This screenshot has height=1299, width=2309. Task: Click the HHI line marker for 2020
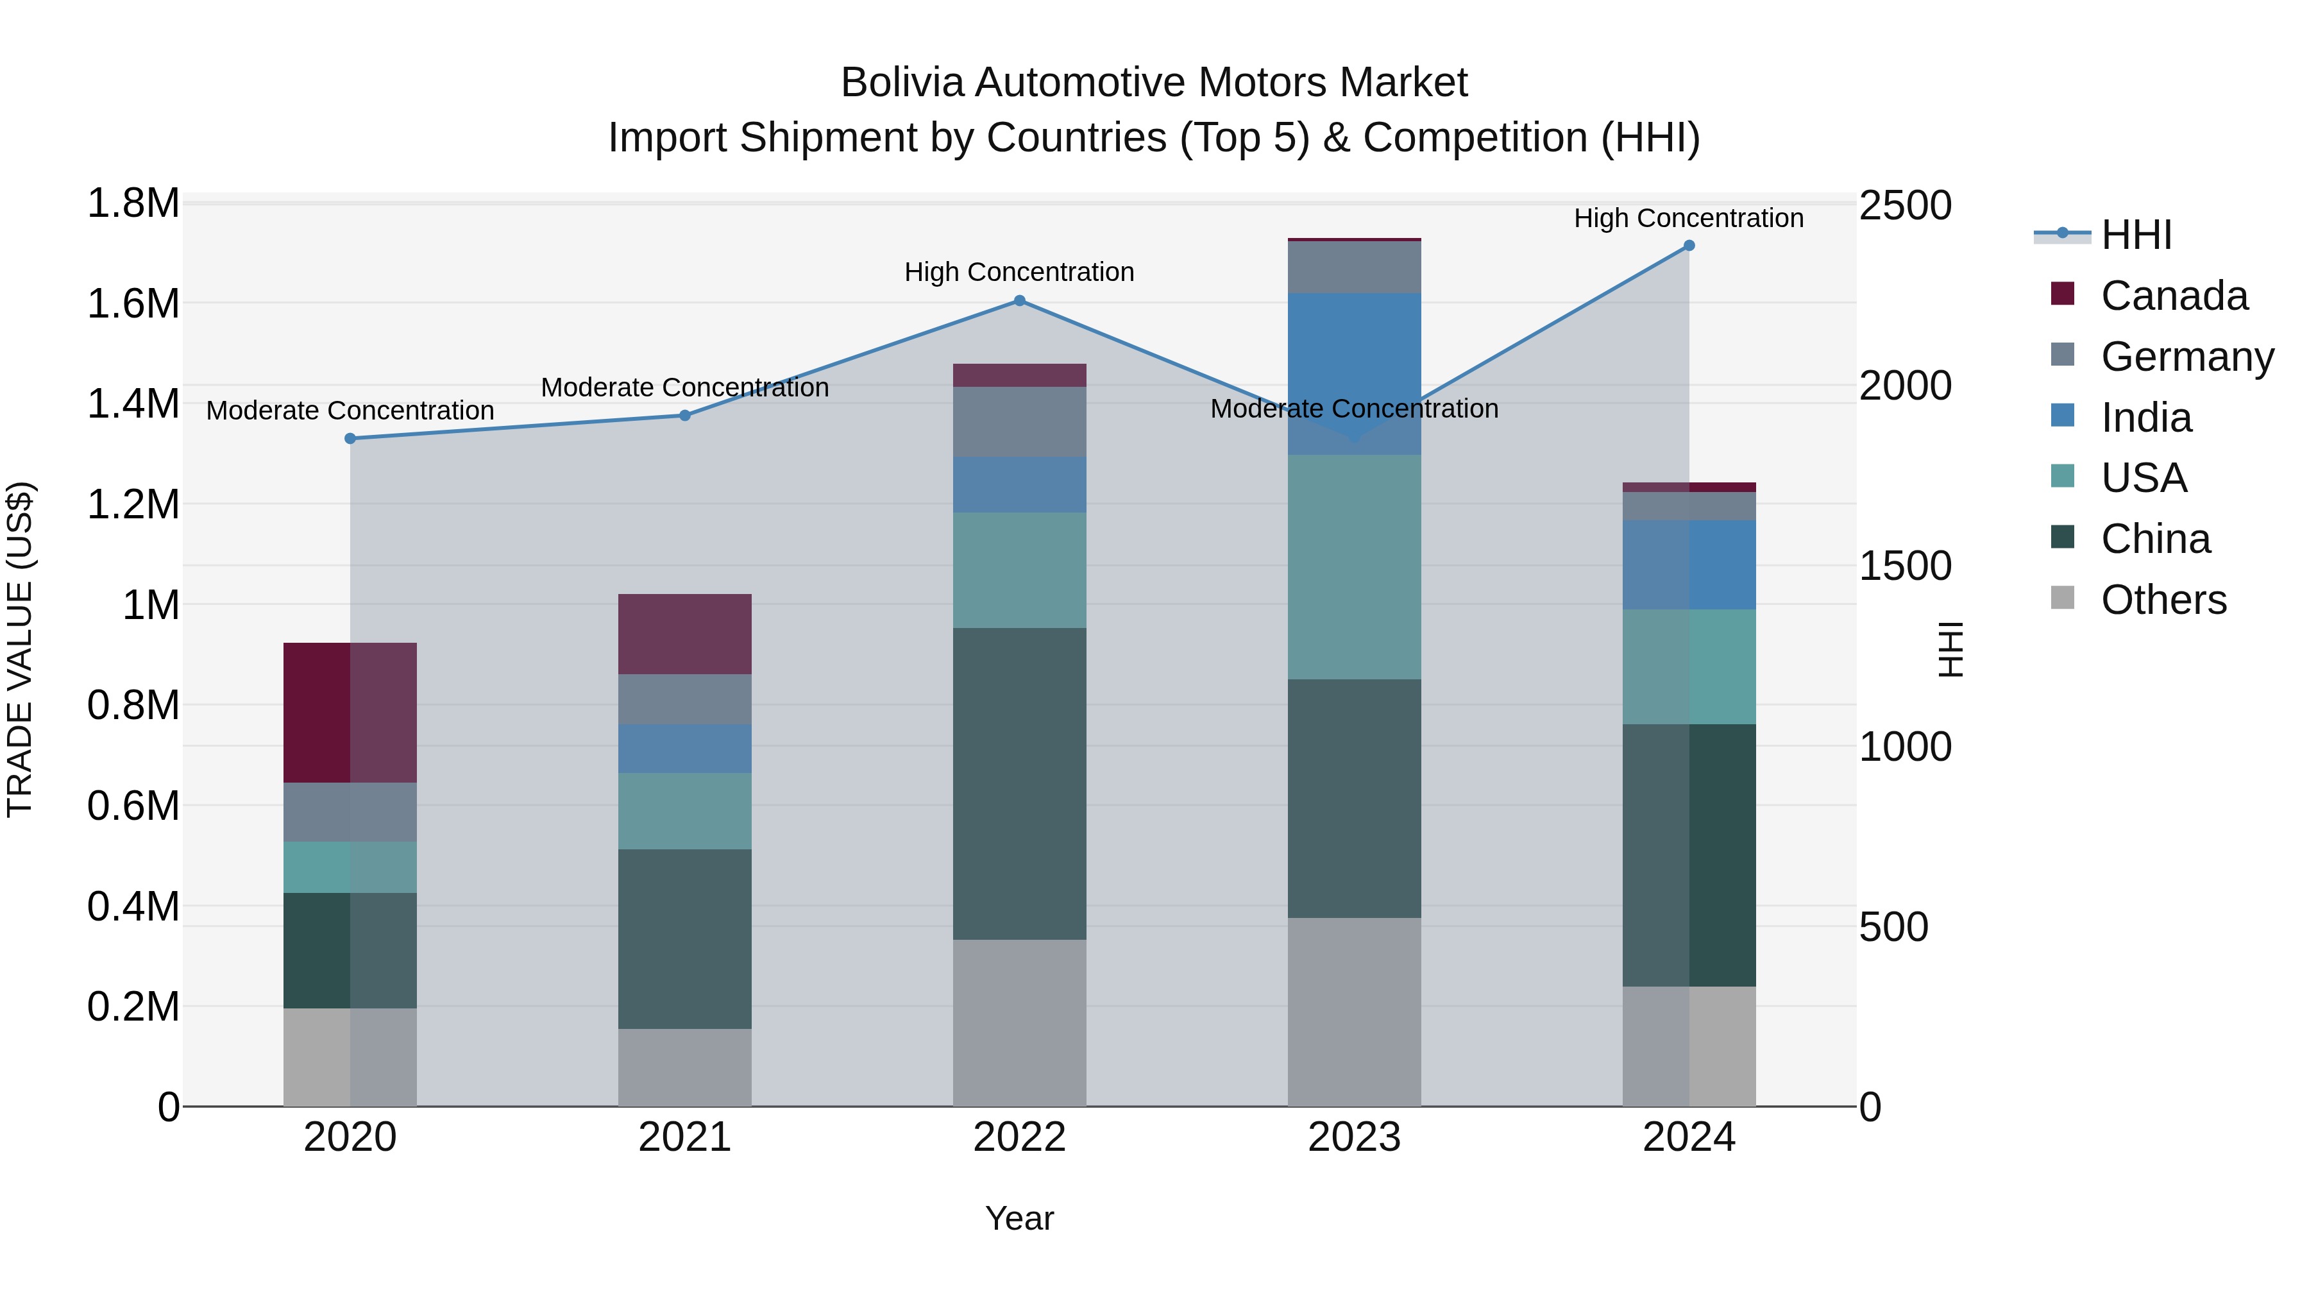(x=350, y=438)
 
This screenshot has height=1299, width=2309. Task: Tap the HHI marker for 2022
(x=1019, y=301)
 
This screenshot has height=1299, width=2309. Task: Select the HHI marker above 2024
(x=1689, y=246)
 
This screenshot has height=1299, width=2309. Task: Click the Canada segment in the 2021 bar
(x=685, y=634)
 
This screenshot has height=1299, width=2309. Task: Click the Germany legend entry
(x=2186, y=357)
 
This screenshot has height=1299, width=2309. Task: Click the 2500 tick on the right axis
(x=1905, y=205)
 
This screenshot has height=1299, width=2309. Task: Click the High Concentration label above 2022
(x=1019, y=271)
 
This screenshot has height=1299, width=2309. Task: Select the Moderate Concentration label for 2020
(x=350, y=411)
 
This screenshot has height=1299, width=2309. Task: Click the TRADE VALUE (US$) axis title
(x=21, y=649)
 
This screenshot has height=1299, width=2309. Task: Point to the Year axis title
(x=1019, y=1218)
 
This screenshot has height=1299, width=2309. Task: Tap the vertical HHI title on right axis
(x=1950, y=649)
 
